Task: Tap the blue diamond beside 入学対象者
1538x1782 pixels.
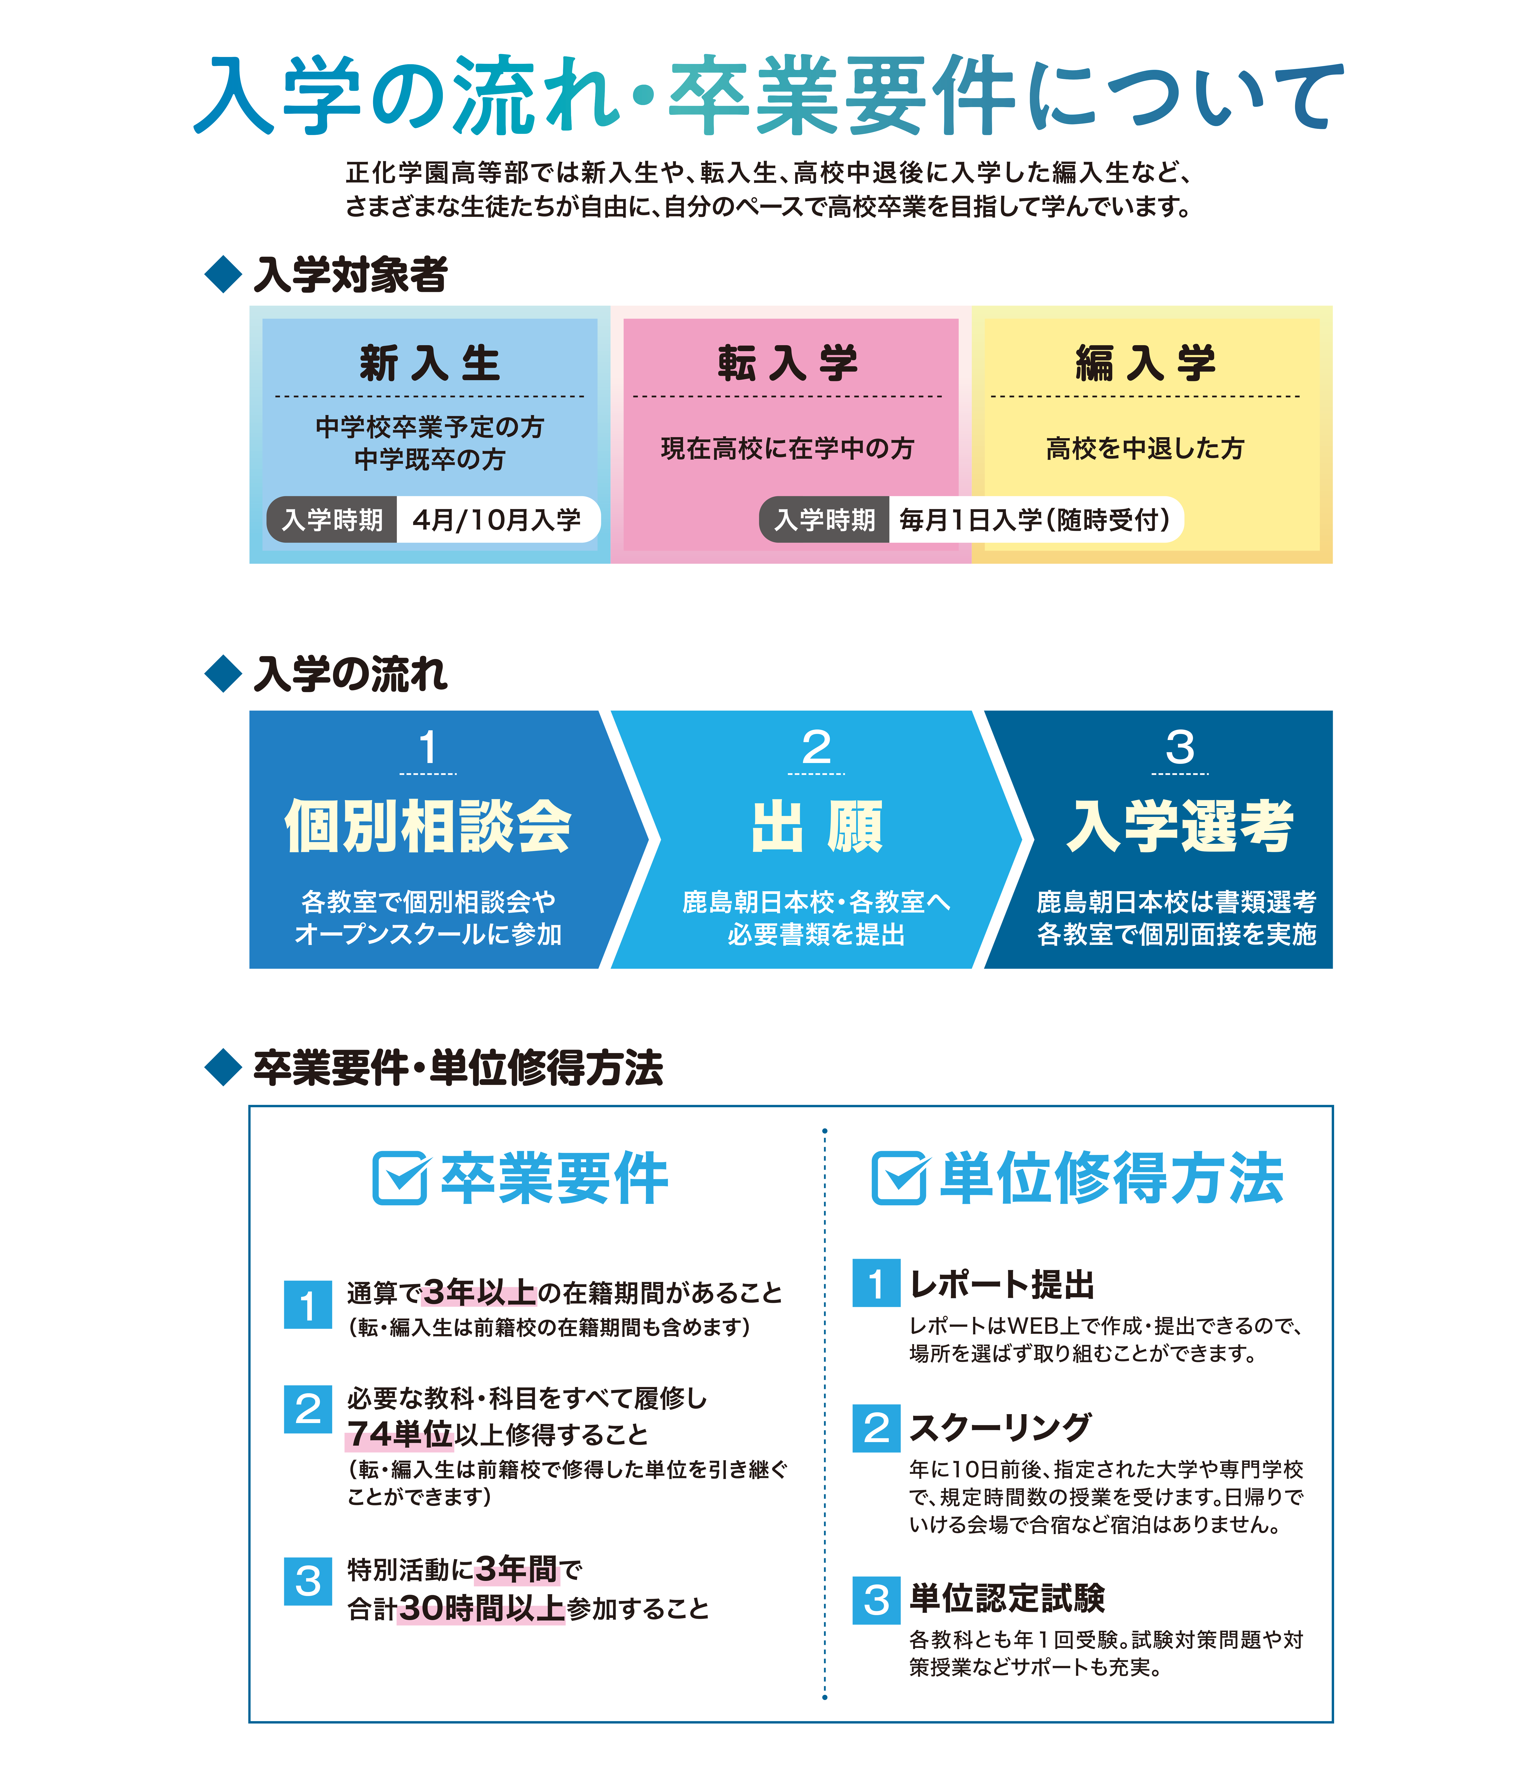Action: pyautogui.click(x=223, y=274)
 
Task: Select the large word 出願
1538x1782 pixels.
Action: pyautogui.click(x=817, y=827)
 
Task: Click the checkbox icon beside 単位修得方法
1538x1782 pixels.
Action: pyautogui.click(x=899, y=1177)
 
